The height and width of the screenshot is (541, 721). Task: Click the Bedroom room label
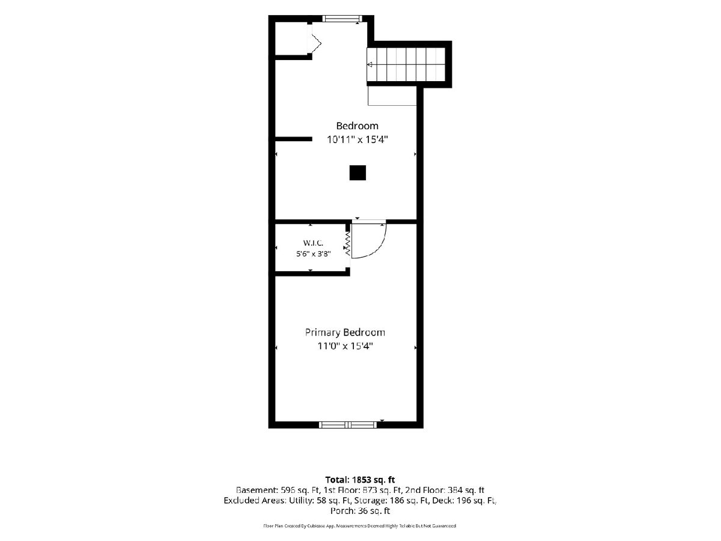click(357, 126)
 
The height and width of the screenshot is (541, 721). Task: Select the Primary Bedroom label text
click(345, 332)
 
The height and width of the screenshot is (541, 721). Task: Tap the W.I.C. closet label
click(313, 243)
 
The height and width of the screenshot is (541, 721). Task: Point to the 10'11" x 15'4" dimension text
click(357, 140)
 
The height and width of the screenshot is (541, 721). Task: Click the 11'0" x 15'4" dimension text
click(345, 346)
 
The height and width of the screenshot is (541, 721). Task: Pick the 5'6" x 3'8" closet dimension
click(313, 254)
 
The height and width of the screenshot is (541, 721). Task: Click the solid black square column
click(357, 173)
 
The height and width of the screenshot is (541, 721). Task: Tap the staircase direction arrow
click(370, 64)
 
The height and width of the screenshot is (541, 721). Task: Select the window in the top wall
click(342, 19)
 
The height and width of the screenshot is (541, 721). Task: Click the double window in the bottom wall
click(348, 425)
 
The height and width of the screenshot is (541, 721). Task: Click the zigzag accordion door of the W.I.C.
click(347, 243)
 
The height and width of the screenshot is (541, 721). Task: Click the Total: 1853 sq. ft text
click(360, 480)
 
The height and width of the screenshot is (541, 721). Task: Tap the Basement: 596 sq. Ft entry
click(278, 491)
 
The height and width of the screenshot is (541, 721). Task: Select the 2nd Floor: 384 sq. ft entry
click(445, 491)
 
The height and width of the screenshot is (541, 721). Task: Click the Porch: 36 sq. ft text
click(360, 511)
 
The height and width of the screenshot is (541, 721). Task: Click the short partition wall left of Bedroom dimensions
click(293, 139)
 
